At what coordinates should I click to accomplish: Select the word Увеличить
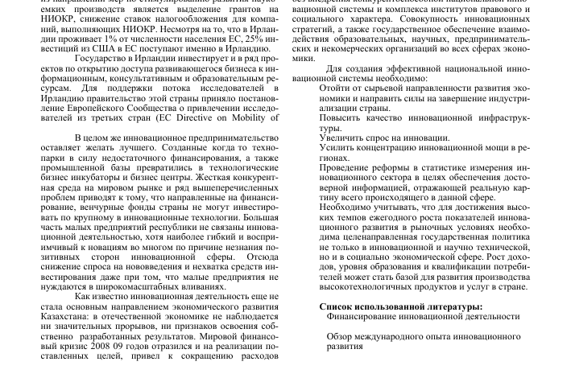(342, 137)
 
